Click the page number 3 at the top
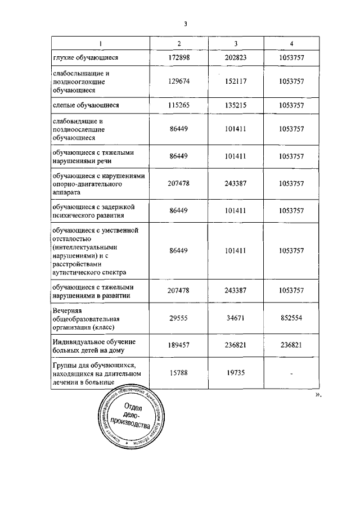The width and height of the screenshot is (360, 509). click(184, 24)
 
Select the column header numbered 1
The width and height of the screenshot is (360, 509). click(100, 44)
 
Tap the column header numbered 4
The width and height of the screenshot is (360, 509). click(291, 44)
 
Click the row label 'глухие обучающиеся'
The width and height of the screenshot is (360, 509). click(84, 57)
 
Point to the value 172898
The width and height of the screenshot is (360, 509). click(179, 57)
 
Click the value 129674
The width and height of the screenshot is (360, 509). click(179, 81)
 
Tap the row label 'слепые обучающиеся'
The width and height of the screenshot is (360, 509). click(84, 105)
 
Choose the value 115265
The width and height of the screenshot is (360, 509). click(179, 105)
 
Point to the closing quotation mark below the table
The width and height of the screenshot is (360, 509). click(318, 395)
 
